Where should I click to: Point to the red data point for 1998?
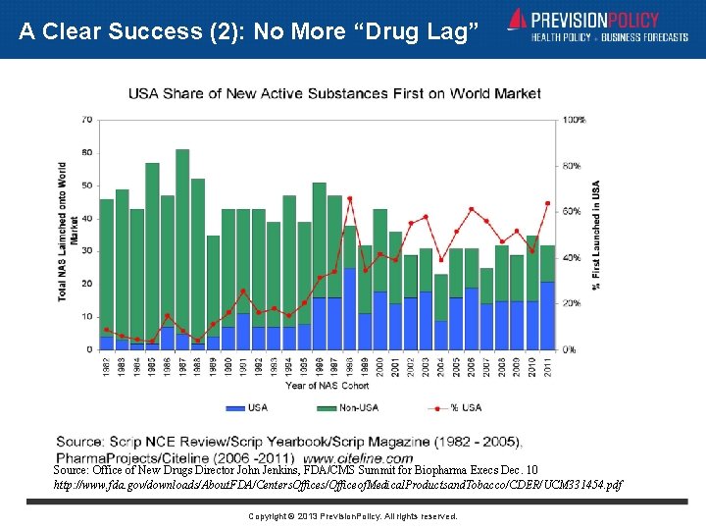350,198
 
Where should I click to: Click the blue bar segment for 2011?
548,315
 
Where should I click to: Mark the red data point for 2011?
548,203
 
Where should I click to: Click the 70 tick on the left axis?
87,120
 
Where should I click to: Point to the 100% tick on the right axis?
574,120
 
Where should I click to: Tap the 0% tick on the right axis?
570,349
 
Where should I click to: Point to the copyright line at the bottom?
352,516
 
